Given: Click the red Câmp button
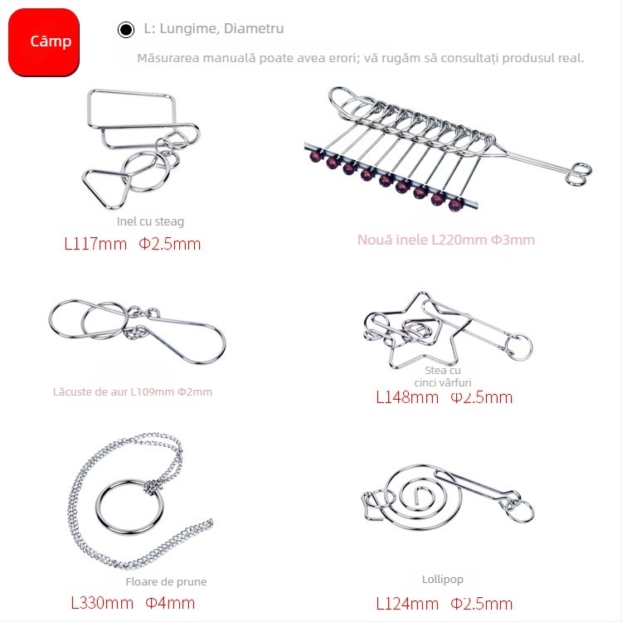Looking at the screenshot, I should pyautogui.click(x=44, y=41).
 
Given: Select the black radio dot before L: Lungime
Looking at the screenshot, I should pyautogui.click(x=125, y=30).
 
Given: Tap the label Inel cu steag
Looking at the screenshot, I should pyautogui.click(x=150, y=221).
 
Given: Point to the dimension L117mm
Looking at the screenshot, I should pyautogui.click(x=95, y=244).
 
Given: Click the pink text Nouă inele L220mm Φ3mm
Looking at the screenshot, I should pyautogui.click(x=446, y=240).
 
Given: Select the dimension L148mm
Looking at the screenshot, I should pyautogui.click(x=407, y=397).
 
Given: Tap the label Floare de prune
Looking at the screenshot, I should pyautogui.click(x=166, y=581).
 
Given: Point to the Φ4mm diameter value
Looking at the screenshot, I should pyautogui.click(x=170, y=603).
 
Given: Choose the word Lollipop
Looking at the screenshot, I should pyautogui.click(x=443, y=579).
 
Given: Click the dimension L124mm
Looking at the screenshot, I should pyautogui.click(x=407, y=603).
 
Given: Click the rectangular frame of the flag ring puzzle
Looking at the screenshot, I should pyautogui.click(x=133, y=105).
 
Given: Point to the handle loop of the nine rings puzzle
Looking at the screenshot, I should pyautogui.click(x=581, y=171).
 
